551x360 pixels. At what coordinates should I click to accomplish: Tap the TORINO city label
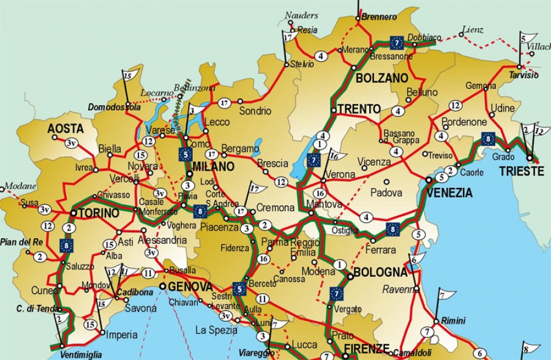[98, 214]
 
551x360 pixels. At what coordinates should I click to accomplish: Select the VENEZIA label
[450, 193]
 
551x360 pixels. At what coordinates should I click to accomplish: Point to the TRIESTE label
[521, 171]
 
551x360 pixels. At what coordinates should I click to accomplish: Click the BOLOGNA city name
[380, 272]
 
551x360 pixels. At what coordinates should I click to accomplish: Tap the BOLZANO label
[381, 78]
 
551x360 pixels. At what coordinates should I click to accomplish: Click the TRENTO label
[359, 109]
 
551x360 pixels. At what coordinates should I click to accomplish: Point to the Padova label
[386, 192]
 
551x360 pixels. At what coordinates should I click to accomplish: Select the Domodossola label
[114, 107]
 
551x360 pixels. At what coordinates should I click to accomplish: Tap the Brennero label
[379, 17]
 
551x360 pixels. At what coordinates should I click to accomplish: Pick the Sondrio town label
[255, 111]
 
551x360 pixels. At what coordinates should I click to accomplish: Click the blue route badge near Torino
[67, 246]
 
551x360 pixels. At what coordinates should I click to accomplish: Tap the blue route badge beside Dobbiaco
[397, 43]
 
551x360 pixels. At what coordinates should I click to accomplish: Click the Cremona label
[275, 208]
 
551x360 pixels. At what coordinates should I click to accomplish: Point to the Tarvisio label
[523, 75]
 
